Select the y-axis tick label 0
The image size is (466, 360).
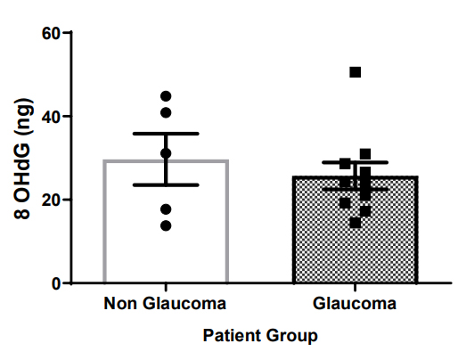pos(55,283)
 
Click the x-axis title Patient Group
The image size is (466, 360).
pos(259,336)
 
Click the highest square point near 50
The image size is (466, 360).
pos(355,72)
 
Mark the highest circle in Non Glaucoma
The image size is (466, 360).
pos(166,96)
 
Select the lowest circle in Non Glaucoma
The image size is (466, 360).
pos(166,225)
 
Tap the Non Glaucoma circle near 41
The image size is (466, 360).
pos(166,112)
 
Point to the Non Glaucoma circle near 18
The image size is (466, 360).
pos(166,209)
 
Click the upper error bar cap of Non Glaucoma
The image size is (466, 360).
pos(166,133)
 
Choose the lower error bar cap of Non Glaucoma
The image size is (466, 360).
pos(166,184)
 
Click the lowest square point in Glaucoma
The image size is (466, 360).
pos(355,223)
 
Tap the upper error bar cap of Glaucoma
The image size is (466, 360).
pos(355,162)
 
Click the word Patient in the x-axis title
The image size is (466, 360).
pos(232,336)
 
